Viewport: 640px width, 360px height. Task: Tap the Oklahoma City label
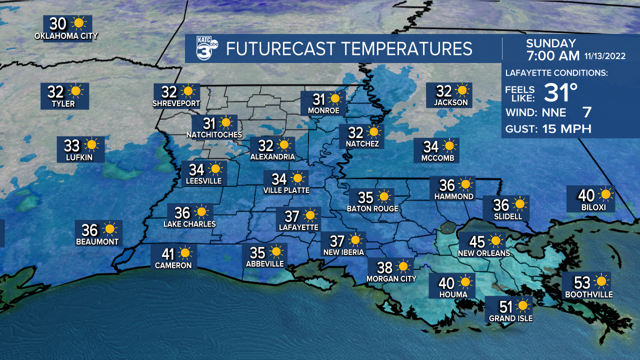(x=66, y=36)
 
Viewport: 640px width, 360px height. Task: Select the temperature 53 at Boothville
(x=583, y=282)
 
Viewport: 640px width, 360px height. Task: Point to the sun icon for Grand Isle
(x=523, y=305)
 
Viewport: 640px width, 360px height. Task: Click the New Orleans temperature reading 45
(x=477, y=242)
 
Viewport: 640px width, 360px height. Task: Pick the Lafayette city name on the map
(x=298, y=227)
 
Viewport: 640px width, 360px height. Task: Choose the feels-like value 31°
(x=560, y=92)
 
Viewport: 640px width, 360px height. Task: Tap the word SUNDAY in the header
(x=551, y=43)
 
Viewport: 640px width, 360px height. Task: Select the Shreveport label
(x=176, y=104)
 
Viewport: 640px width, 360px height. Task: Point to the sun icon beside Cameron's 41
(x=185, y=252)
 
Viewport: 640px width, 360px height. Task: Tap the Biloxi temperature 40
(x=586, y=195)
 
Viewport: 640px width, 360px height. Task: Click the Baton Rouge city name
(x=372, y=208)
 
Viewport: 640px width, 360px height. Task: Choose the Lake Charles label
(x=189, y=224)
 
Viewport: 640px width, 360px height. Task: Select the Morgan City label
(x=391, y=278)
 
